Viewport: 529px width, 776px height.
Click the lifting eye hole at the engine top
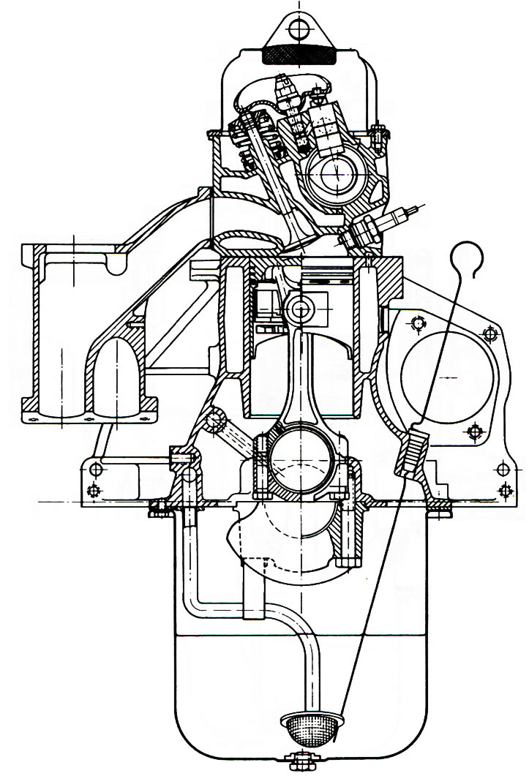click(x=299, y=29)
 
